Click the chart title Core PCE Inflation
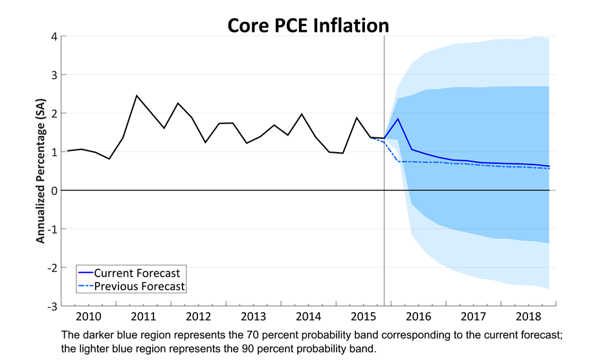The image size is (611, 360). point(307,25)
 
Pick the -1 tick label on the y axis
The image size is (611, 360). point(52,229)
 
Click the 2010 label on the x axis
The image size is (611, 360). point(87,317)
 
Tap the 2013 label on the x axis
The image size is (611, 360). point(253,317)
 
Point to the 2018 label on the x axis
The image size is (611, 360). point(529,317)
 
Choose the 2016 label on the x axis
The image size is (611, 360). point(419,317)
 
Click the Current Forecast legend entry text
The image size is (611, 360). point(137,273)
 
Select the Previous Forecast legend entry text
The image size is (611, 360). point(139,286)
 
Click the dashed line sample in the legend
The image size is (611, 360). point(85,286)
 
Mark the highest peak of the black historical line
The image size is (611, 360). point(137,96)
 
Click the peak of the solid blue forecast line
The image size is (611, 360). point(398,118)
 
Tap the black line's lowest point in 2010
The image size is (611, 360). point(109,159)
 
